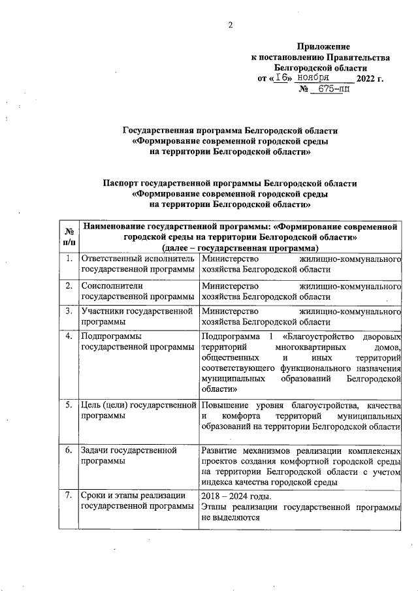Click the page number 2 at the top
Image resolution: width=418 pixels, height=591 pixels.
230,25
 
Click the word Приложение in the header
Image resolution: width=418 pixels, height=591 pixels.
323,47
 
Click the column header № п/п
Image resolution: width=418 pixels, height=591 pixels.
68,236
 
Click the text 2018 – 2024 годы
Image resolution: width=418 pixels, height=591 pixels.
236,495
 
